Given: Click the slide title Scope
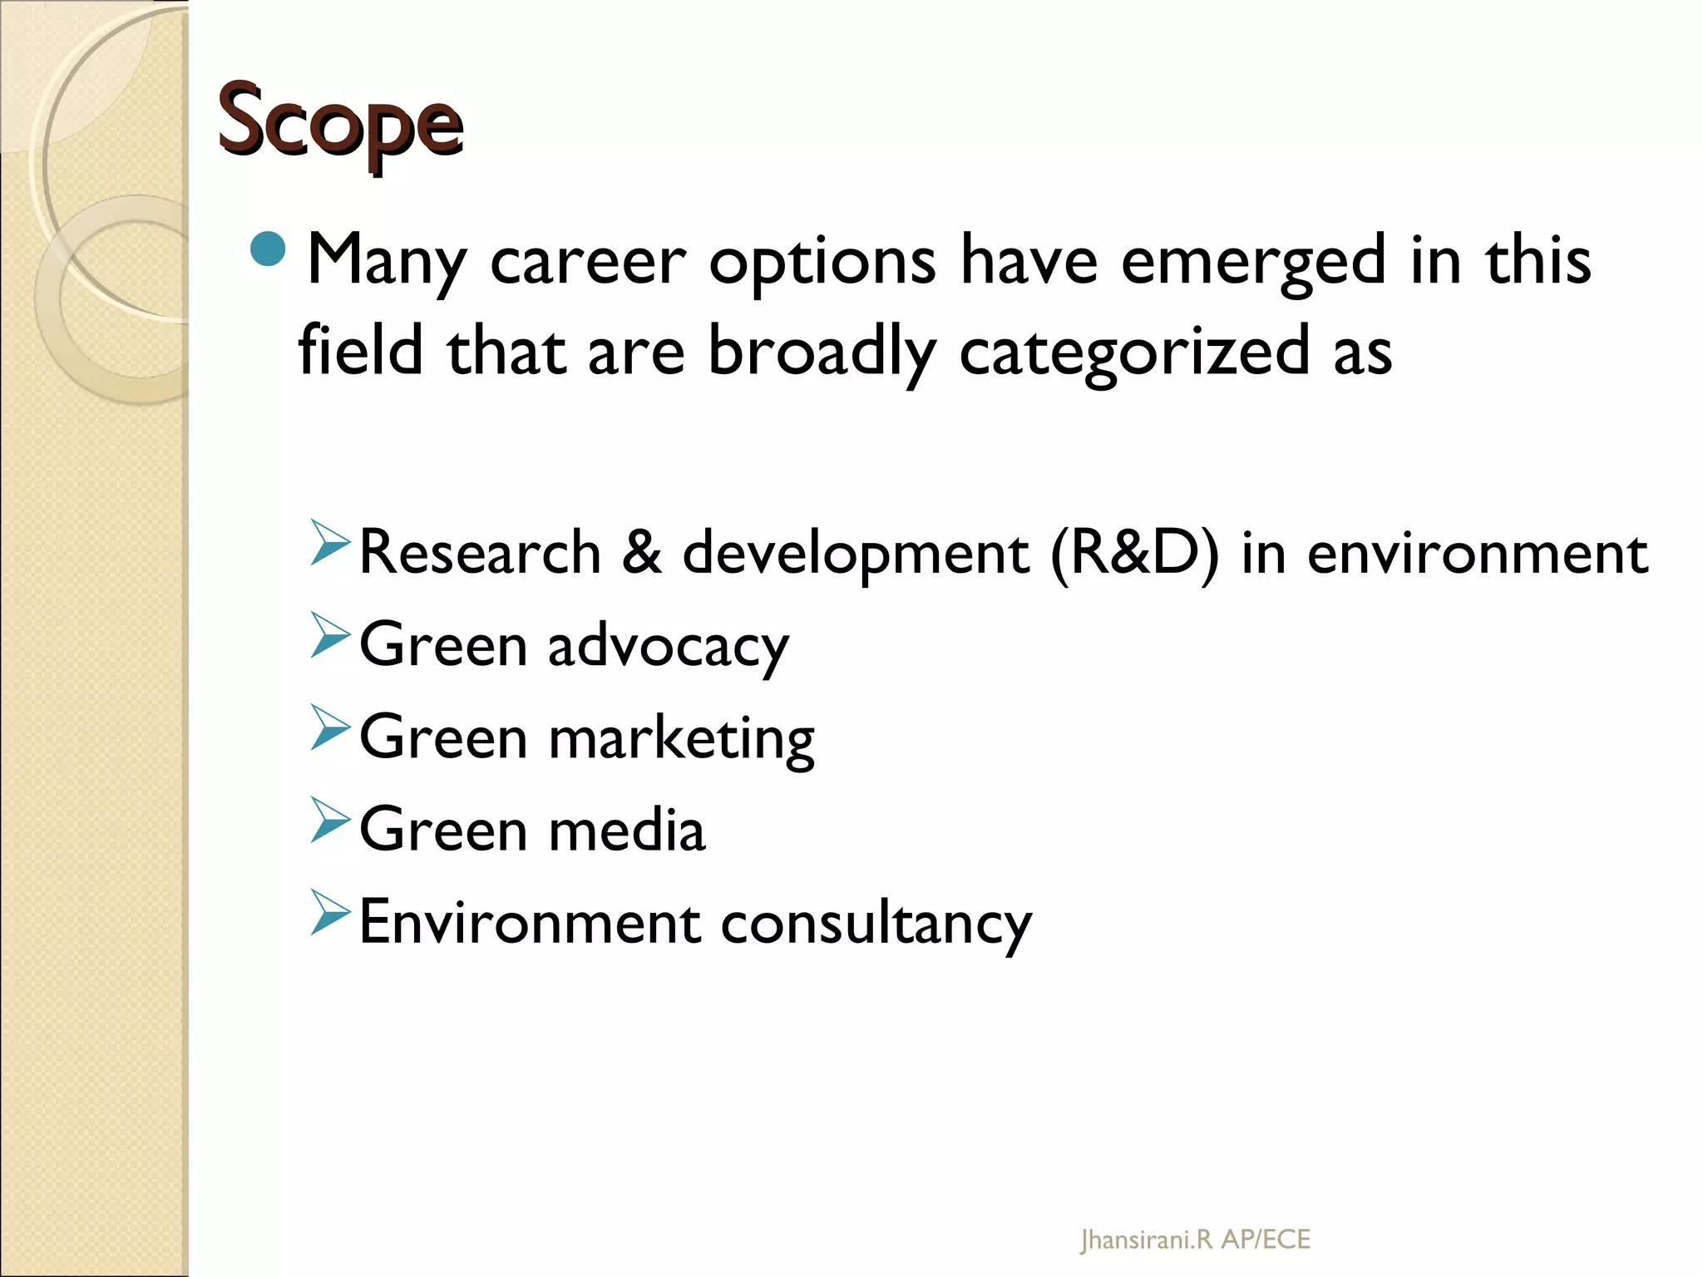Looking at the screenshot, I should tap(340, 123).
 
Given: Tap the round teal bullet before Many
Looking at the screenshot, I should tap(268, 248).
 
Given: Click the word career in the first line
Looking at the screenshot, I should tap(588, 261).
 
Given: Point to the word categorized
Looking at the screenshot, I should tap(1134, 353).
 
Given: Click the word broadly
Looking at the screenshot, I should tap(822, 353).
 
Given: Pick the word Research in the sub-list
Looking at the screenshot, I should tap(480, 553).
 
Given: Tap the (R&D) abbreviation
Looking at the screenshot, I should tap(1134, 553).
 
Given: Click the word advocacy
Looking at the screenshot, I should tap(668, 647).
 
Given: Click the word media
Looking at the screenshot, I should tap(627, 830).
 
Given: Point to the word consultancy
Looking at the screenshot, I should tap(876, 924).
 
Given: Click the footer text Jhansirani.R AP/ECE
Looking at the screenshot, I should tap(1195, 1240).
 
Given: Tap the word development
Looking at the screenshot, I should tap(856, 555).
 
